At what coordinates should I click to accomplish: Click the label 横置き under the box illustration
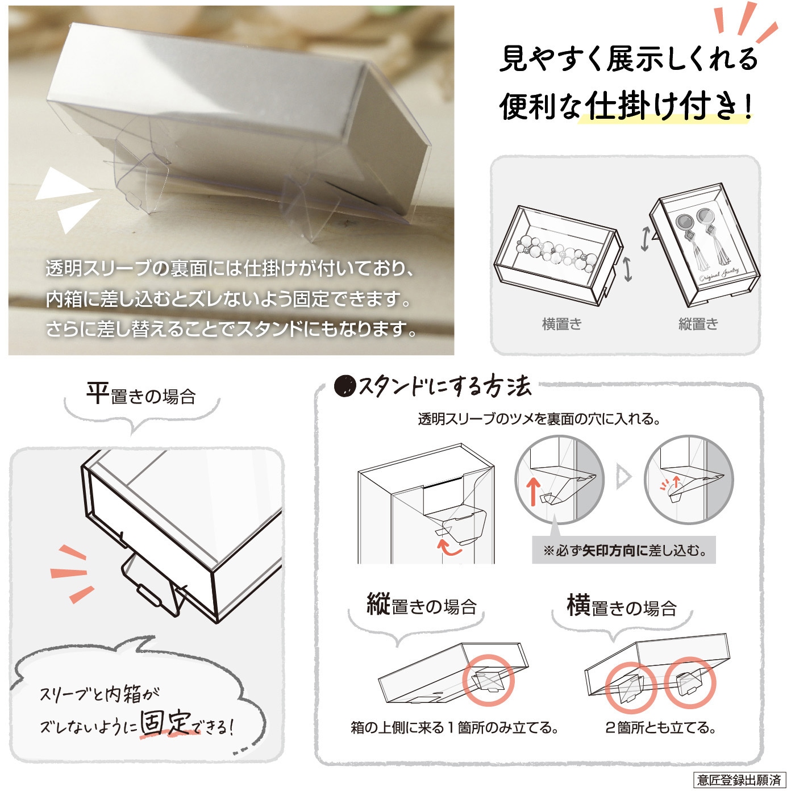pyautogui.click(x=562, y=324)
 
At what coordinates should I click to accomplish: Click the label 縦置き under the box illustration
pyautogui.click(x=698, y=324)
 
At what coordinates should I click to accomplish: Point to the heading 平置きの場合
pyautogui.click(x=141, y=394)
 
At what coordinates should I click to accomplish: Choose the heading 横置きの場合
pyautogui.click(x=622, y=605)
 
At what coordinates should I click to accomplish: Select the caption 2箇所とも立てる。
pyautogui.click(x=661, y=728)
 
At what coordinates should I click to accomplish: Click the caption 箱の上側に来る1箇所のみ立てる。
pyautogui.click(x=455, y=728)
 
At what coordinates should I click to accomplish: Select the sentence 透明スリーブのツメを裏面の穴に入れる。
pyautogui.click(x=539, y=419)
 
